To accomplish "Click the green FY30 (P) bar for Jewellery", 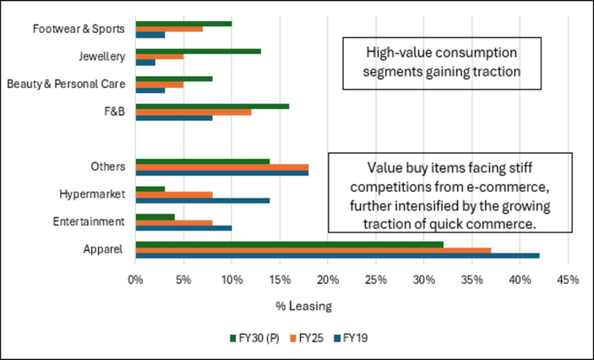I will point(198,51).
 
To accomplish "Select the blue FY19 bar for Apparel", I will point(336,254).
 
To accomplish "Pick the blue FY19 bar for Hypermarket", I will point(202,201).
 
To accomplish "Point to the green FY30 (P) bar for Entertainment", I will point(154,216).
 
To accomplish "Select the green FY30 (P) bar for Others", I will point(202,161).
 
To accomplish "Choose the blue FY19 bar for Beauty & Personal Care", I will point(150,89).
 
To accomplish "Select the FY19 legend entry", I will point(351,338).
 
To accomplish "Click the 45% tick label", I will point(569,279).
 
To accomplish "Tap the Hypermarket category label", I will point(94,194).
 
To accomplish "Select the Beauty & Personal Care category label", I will point(66,85).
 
